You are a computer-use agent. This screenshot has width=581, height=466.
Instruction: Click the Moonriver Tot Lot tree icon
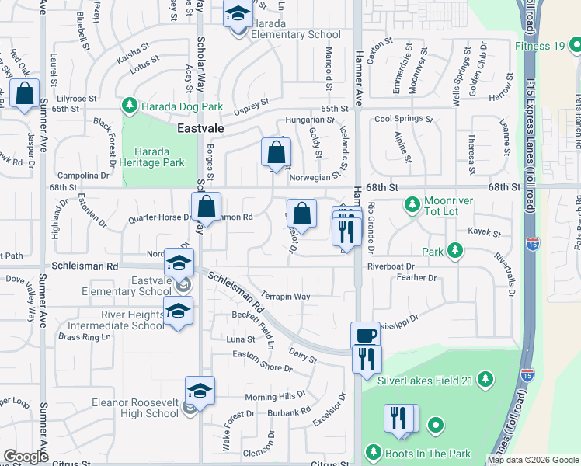pyautogui.click(x=412, y=206)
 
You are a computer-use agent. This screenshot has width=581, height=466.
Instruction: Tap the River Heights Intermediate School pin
pyautogui.click(x=179, y=312)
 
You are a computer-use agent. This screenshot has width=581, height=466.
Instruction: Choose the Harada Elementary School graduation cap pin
pyautogui.click(x=238, y=14)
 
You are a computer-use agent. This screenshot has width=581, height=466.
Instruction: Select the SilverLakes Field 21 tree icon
pyautogui.click(x=485, y=379)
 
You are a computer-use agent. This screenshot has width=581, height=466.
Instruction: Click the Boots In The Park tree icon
pyautogui.click(x=374, y=453)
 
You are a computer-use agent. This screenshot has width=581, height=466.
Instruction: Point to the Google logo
pyautogui.click(x=26, y=456)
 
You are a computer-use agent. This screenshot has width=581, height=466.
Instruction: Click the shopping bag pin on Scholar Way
pyautogui.click(x=206, y=207)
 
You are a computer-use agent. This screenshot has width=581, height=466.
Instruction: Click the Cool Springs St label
pyautogui.click(x=403, y=120)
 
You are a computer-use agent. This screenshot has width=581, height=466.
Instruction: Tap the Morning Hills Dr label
pyautogui.click(x=275, y=395)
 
